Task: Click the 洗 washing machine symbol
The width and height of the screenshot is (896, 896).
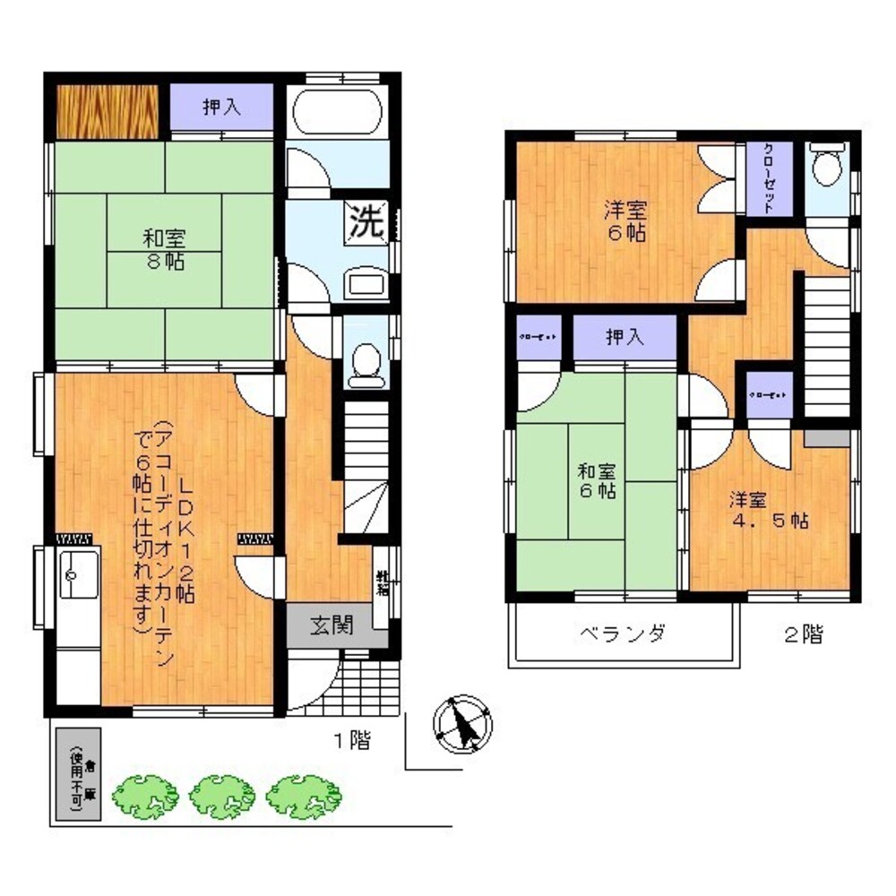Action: (366, 221)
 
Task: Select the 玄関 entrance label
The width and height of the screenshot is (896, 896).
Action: (331, 625)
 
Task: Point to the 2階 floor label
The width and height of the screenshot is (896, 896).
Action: (803, 634)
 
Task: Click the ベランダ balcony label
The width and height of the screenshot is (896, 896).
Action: (621, 634)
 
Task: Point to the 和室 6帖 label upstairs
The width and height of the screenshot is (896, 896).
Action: (596, 481)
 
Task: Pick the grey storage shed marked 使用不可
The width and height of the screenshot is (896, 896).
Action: (79, 775)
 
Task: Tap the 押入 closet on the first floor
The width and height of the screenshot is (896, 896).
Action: (221, 108)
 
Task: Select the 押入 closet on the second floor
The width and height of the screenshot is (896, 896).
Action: (625, 338)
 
